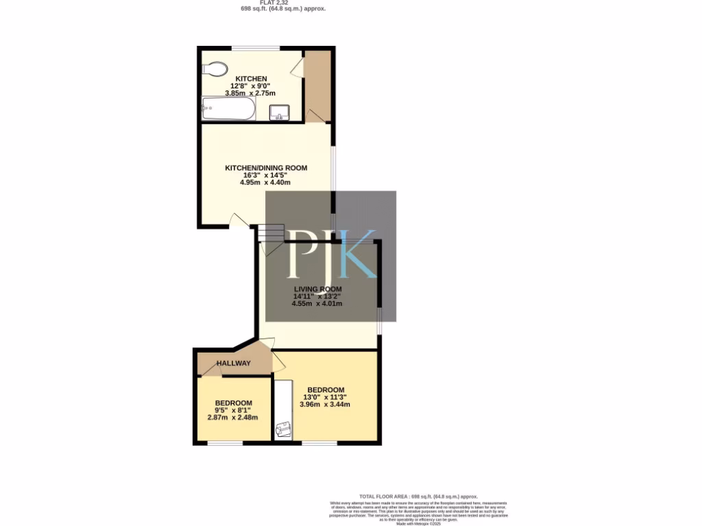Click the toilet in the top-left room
coord(215,69)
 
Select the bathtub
coord(229,109)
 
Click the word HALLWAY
coord(234,363)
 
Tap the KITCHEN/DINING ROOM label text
coord(266,168)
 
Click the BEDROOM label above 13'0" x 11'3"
coord(326,390)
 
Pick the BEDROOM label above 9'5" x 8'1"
coord(233,403)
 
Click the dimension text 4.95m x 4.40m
coord(266,183)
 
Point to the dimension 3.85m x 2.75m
coord(250,93)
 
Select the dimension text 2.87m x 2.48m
coord(232,417)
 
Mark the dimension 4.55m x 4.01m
coord(317,303)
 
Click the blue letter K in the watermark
coord(358,254)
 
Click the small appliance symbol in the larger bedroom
coord(282,429)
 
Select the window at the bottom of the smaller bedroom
coord(225,443)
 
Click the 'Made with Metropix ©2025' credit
coord(419,524)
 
